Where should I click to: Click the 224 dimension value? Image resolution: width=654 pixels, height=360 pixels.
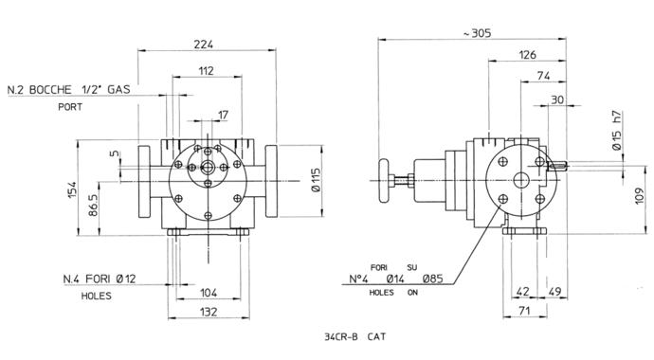pyautogui.click(x=204, y=44)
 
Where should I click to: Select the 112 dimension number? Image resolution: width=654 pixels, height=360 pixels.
pyautogui.click(x=206, y=71)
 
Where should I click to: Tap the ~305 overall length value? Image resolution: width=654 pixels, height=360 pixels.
pyautogui.click(x=477, y=33)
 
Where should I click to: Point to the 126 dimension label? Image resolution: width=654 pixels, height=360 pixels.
pyautogui.click(x=527, y=55)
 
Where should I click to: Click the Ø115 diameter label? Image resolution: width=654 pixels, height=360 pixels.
pyautogui.click(x=317, y=180)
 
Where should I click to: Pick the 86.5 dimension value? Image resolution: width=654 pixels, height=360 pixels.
pyautogui.click(x=93, y=205)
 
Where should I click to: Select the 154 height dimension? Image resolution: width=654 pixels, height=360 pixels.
pyautogui.click(x=72, y=189)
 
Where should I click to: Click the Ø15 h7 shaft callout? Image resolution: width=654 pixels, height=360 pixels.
pyautogui.click(x=616, y=130)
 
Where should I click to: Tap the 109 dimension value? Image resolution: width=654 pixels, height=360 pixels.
pyautogui.click(x=640, y=196)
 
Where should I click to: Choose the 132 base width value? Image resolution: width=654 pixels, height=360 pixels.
pyautogui.click(x=209, y=312)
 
